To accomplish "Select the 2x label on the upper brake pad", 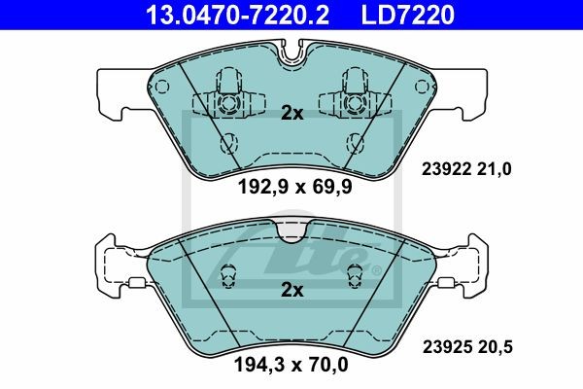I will (291, 113).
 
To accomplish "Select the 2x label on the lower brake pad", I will (291, 290).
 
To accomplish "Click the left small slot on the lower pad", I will (230, 277).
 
